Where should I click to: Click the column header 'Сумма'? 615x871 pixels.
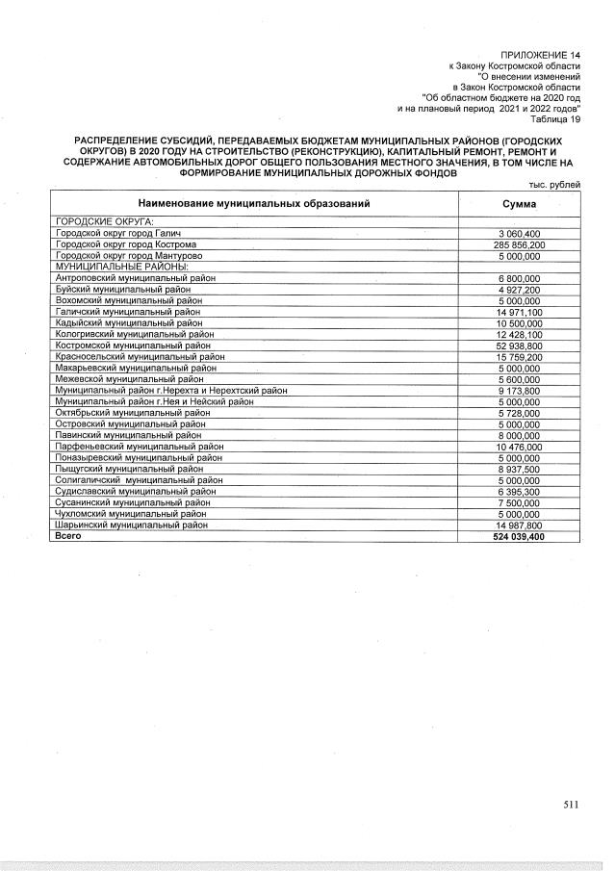(520, 204)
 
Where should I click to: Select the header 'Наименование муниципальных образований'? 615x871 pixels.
(253, 204)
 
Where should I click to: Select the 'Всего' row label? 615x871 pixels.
(68, 537)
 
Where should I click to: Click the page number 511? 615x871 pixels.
(572, 806)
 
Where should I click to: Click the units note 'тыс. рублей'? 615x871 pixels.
(556, 185)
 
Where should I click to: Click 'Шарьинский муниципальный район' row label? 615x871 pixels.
(132, 525)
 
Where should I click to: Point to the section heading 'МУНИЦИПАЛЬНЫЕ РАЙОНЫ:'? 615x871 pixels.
(109, 267)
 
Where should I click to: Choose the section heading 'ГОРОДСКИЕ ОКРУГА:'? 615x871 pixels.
(99, 222)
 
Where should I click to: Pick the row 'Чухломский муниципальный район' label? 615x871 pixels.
(132, 515)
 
